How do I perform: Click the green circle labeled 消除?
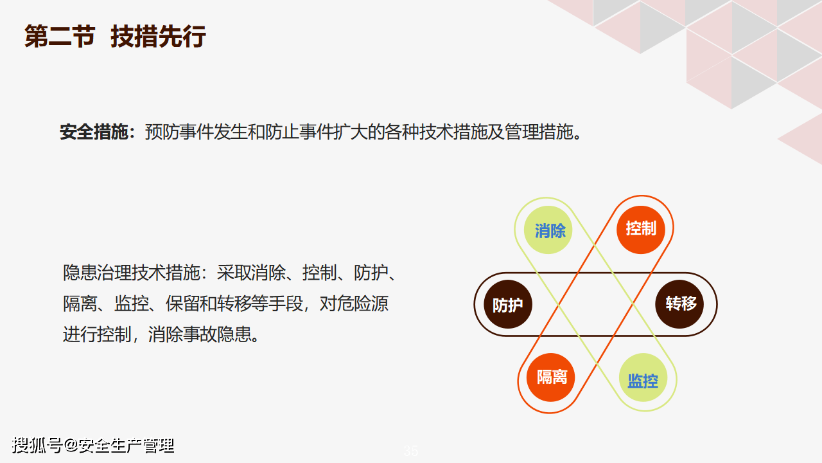click(548, 230)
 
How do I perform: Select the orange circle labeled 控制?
click(641, 230)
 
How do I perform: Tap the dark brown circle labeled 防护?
click(508, 304)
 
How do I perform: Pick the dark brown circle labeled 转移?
click(679, 304)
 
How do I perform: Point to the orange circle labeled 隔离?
click(550, 377)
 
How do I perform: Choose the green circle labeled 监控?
click(643, 377)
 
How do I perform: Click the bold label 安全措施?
click(94, 132)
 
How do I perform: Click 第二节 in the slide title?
click(60, 37)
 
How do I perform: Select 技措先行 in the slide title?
click(158, 37)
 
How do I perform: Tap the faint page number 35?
click(410, 451)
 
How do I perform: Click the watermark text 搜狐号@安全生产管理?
click(93, 446)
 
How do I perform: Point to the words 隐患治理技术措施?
click(131, 273)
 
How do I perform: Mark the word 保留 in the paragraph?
click(182, 304)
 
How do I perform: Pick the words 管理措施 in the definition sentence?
click(539, 132)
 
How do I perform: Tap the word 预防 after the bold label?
click(162, 132)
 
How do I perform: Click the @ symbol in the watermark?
click(71, 446)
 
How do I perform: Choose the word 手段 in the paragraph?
click(286, 304)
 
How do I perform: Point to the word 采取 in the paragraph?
click(234, 273)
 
